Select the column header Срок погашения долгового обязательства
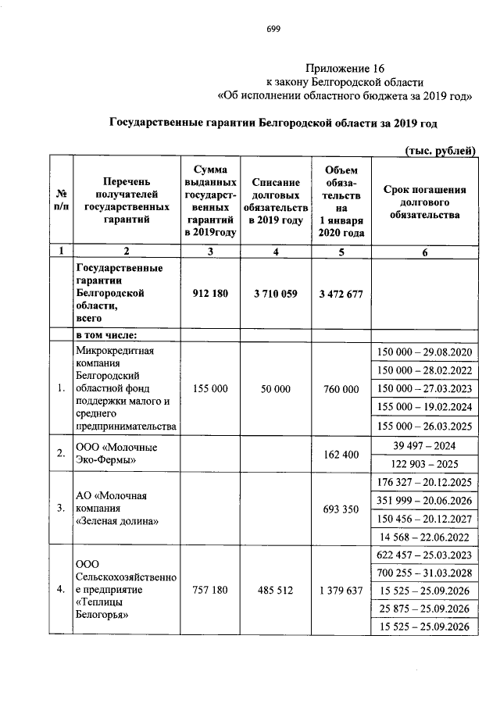pyautogui.click(x=424, y=201)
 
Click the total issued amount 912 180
pyautogui.click(x=209, y=294)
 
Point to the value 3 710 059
pyautogui.click(x=271, y=294)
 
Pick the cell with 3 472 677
pyautogui.click(x=340, y=294)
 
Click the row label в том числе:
pyautogui.click(x=106, y=335)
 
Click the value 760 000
pyautogui.click(x=340, y=389)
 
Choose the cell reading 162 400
pyautogui.click(x=340, y=454)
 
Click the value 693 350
pyautogui.click(x=340, y=509)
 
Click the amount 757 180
pyautogui.click(x=209, y=591)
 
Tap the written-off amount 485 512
pyautogui.click(x=271, y=591)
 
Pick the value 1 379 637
pyautogui.click(x=340, y=591)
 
